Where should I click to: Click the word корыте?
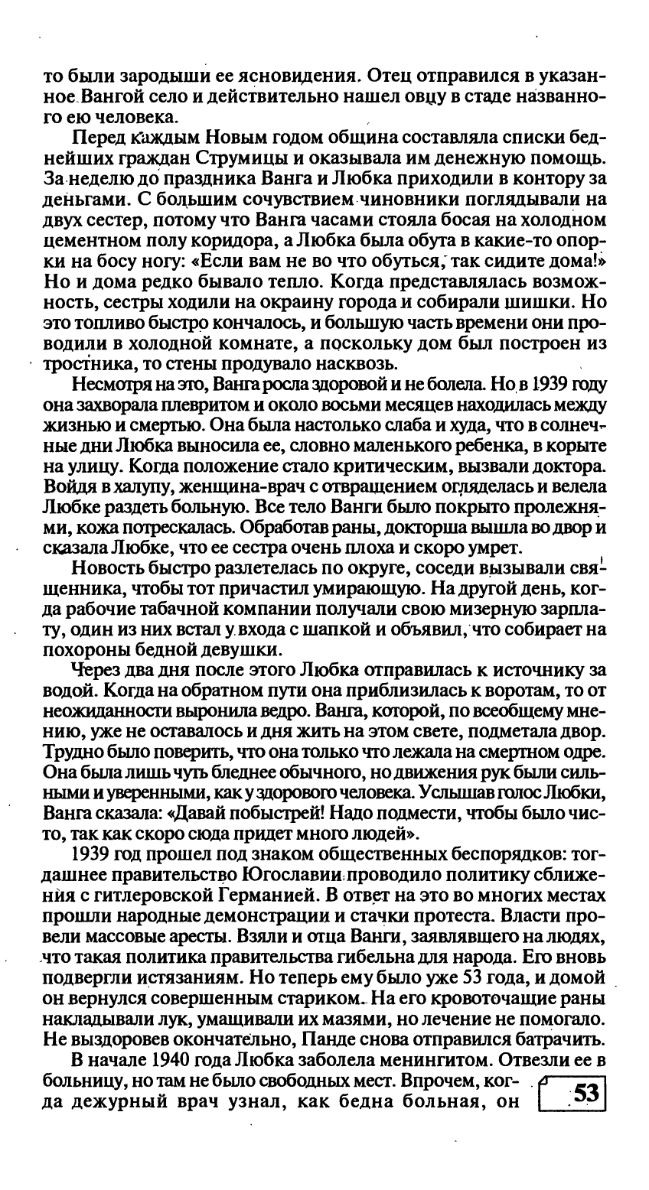tap(581, 444)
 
